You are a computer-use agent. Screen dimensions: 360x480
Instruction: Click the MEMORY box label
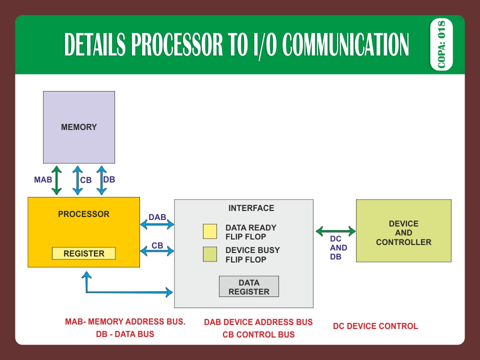tap(79, 127)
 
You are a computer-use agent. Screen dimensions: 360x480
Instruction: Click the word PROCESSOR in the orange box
tap(83, 214)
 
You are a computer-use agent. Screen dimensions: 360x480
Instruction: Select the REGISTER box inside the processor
tap(83, 253)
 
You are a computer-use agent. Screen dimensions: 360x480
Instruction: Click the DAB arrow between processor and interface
tap(157, 225)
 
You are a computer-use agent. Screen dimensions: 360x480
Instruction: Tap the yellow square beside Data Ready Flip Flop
tap(209, 232)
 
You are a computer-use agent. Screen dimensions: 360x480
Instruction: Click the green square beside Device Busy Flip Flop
tap(209, 254)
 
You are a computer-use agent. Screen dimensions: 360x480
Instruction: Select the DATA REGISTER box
tap(248, 287)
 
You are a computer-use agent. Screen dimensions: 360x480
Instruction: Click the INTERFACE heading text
tap(251, 208)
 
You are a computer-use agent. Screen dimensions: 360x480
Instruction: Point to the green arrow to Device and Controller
tap(335, 231)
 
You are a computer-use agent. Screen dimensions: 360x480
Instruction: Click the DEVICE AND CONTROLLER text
tap(403, 233)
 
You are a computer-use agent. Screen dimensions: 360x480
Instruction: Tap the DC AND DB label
tap(338, 248)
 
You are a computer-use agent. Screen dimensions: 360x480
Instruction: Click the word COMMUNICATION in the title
tap(345, 45)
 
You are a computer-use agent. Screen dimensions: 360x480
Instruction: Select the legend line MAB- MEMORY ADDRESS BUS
tap(125, 322)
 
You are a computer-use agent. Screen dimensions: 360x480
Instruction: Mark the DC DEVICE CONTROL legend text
tap(375, 326)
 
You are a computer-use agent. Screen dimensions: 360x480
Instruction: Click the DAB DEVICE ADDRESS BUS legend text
tap(258, 322)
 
